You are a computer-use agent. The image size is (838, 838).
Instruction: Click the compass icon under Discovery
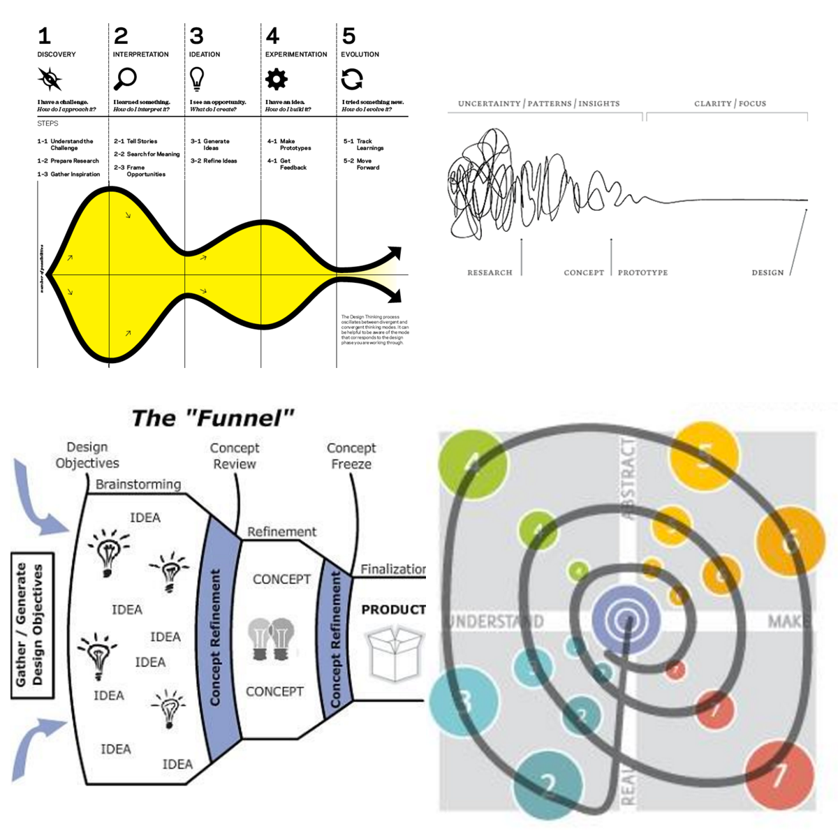pyautogui.click(x=50, y=79)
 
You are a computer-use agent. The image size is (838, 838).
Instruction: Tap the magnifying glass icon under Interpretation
pyautogui.click(x=125, y=79)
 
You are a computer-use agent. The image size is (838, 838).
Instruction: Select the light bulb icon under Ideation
pyautogui.click(x=197, y=79)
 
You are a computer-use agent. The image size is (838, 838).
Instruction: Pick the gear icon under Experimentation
pyautogui.click(x=277, y=79)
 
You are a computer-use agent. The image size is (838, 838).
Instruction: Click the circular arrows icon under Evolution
pyautogui.click(x=352, y=79)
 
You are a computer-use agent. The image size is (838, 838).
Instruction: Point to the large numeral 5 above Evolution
pyautogui.click(x=348, y=36)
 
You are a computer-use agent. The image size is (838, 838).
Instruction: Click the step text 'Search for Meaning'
pyautogui.click(x=152, y=154)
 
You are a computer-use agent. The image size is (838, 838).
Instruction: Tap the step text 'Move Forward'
pyautogui.click(x=367, y=164)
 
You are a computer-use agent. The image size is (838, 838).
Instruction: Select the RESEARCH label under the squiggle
pyautogui.click(x=490, y=272)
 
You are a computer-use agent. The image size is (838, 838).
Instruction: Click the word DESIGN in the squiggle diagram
pyautogui.click(x=767, y=272)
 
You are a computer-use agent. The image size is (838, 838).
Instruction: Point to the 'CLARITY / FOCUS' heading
pyautogui.click(x=730, y=103)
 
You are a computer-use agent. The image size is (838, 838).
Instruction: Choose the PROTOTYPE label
pyautogui.click(x=642, y=272)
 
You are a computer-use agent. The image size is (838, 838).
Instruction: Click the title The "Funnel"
pyautogui.click(x=213, y=418)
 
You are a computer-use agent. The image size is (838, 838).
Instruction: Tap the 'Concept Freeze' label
pyautogui.click(x=351, y=456)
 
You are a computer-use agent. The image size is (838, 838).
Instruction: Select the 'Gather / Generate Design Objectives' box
pyautogui.click(x=32, y=625)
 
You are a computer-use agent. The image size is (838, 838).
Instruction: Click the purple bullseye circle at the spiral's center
pyautogui.click(x=626, y=618)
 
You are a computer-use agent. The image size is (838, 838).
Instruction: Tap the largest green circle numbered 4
pyautogui.click(x=473, y=464)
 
